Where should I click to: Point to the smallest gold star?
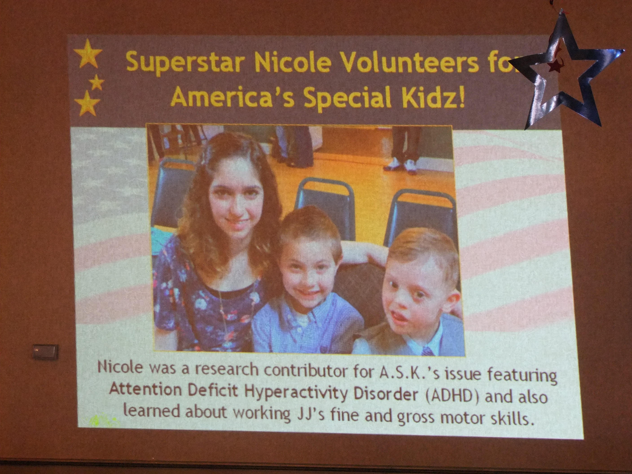97,83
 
